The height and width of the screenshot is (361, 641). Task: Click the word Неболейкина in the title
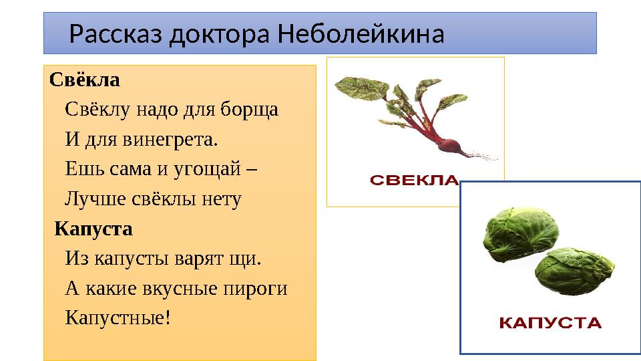coord(361,33)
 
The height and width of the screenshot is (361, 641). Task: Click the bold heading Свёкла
coord(84,81)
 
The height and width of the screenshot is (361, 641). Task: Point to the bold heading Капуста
coord(93,229)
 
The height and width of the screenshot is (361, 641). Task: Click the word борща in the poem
coord(252,110)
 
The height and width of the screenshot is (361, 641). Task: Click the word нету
coord(221,199)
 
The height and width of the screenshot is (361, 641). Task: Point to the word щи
coord(244,258)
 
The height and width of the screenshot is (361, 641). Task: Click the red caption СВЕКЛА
coord(414,180)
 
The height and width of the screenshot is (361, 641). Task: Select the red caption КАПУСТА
coord(551,324)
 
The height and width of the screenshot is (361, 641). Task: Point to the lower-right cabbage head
coord(568,275)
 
